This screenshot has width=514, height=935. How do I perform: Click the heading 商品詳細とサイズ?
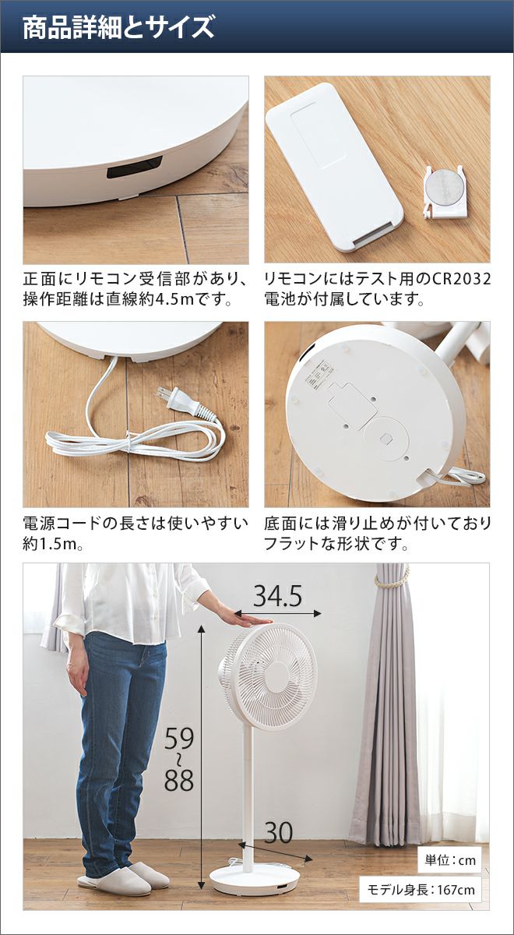[x=118, y=27]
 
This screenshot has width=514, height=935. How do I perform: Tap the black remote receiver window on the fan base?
[x=135, y=168]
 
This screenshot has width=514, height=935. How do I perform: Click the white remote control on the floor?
[x=334, y=167]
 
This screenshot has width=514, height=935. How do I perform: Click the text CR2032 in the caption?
[x=460, y=278]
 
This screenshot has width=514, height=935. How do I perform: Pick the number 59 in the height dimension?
[x=179, y=739]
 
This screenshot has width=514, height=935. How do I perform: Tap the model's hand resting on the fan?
[x=247, y=617]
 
